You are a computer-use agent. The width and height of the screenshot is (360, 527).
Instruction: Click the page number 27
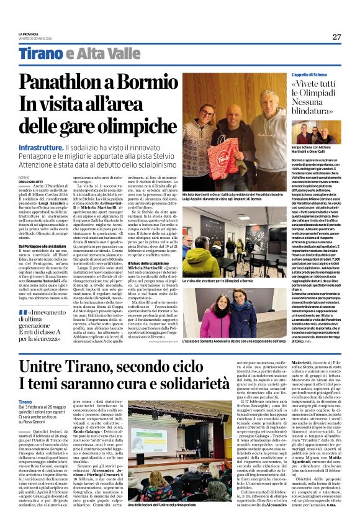[x=336, y=36]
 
